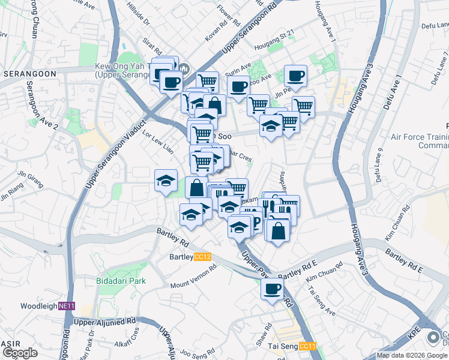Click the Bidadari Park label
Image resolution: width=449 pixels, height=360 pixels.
point(121,280)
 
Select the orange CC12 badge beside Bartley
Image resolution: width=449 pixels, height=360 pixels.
point(203,257)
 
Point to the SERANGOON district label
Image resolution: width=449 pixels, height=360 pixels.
point(29,73)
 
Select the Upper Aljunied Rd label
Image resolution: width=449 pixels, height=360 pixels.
point(104,322)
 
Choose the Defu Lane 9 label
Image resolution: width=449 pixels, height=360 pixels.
point(379,164)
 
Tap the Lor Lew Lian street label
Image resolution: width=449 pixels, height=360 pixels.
point(157,142)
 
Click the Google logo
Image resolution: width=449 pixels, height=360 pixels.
point(20,353)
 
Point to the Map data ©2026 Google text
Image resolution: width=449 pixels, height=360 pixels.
point(412,355)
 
